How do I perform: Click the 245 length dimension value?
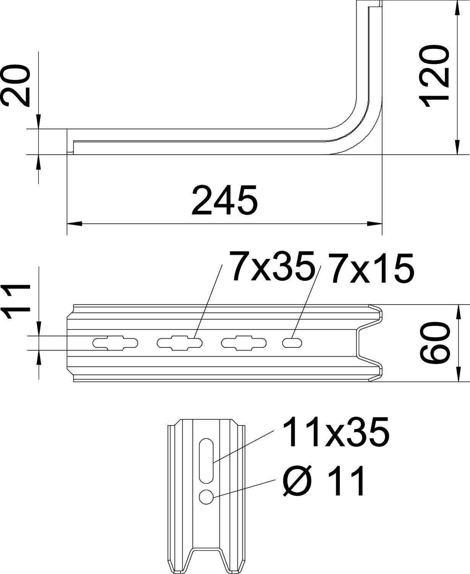[x=224, y=200]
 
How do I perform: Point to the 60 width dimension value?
[x=434, y=342]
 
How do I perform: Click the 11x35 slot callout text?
[x=335, y=432]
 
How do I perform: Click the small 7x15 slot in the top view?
[x=292, y=342]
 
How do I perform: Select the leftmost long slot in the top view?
[x=115, y=342]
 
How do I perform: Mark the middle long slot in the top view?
[x=180, y=342]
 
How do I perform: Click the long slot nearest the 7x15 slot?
[x=244, y=342]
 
